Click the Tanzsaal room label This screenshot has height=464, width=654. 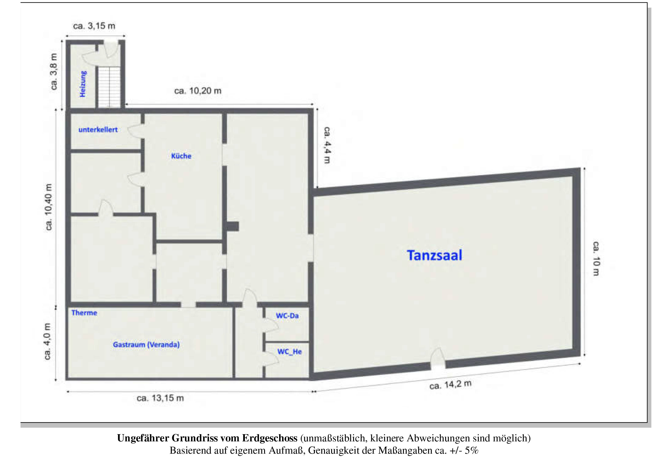point(434,255)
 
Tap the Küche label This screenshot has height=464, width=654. point(181,156)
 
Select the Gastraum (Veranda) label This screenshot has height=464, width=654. point(146,345)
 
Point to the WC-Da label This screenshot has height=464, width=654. point(287,316)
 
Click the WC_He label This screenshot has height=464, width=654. point(289,352)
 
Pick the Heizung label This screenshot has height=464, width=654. point(83,84)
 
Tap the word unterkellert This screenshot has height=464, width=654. point(98,130)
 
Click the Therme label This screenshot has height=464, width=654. point(84,313)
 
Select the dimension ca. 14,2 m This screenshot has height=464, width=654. point(450,385)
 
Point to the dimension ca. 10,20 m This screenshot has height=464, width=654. point(198,91)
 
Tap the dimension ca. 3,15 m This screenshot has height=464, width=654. point(94,26)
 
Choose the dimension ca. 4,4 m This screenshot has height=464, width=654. point(327,145)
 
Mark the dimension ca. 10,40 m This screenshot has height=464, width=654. point(49,207)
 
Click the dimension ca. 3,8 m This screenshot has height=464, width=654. point(54,71)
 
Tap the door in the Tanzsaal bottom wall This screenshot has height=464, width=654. point(438,359)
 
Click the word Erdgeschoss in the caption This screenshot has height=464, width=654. point(270,438)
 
